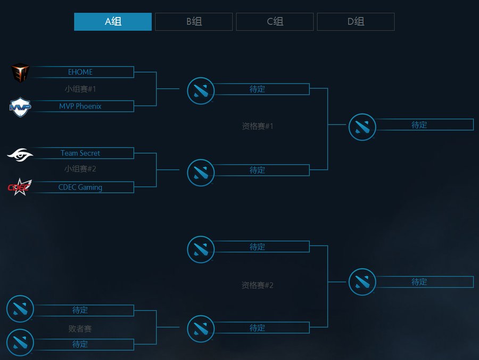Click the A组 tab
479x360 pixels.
[113, 22]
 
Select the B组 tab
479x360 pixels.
[194, 22]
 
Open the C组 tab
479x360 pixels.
[275, 22]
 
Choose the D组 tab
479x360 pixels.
[356, 22]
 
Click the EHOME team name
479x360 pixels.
[80, 72]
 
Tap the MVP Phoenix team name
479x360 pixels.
[80, 106]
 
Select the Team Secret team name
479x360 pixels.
[80, 153]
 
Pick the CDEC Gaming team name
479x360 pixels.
[80, 187]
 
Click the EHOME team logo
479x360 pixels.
[20, 72]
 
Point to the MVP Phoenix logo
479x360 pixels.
[20, 107]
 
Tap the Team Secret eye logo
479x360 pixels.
[20, 154]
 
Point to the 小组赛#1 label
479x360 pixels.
[80, 89]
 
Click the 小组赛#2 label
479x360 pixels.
[80, 168]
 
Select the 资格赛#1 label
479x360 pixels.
[257, 126]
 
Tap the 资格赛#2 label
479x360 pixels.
[257, 285]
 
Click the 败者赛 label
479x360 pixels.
[80, 329]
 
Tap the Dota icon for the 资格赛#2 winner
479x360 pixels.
[362, 282]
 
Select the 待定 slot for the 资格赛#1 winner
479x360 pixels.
[419, 125]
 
